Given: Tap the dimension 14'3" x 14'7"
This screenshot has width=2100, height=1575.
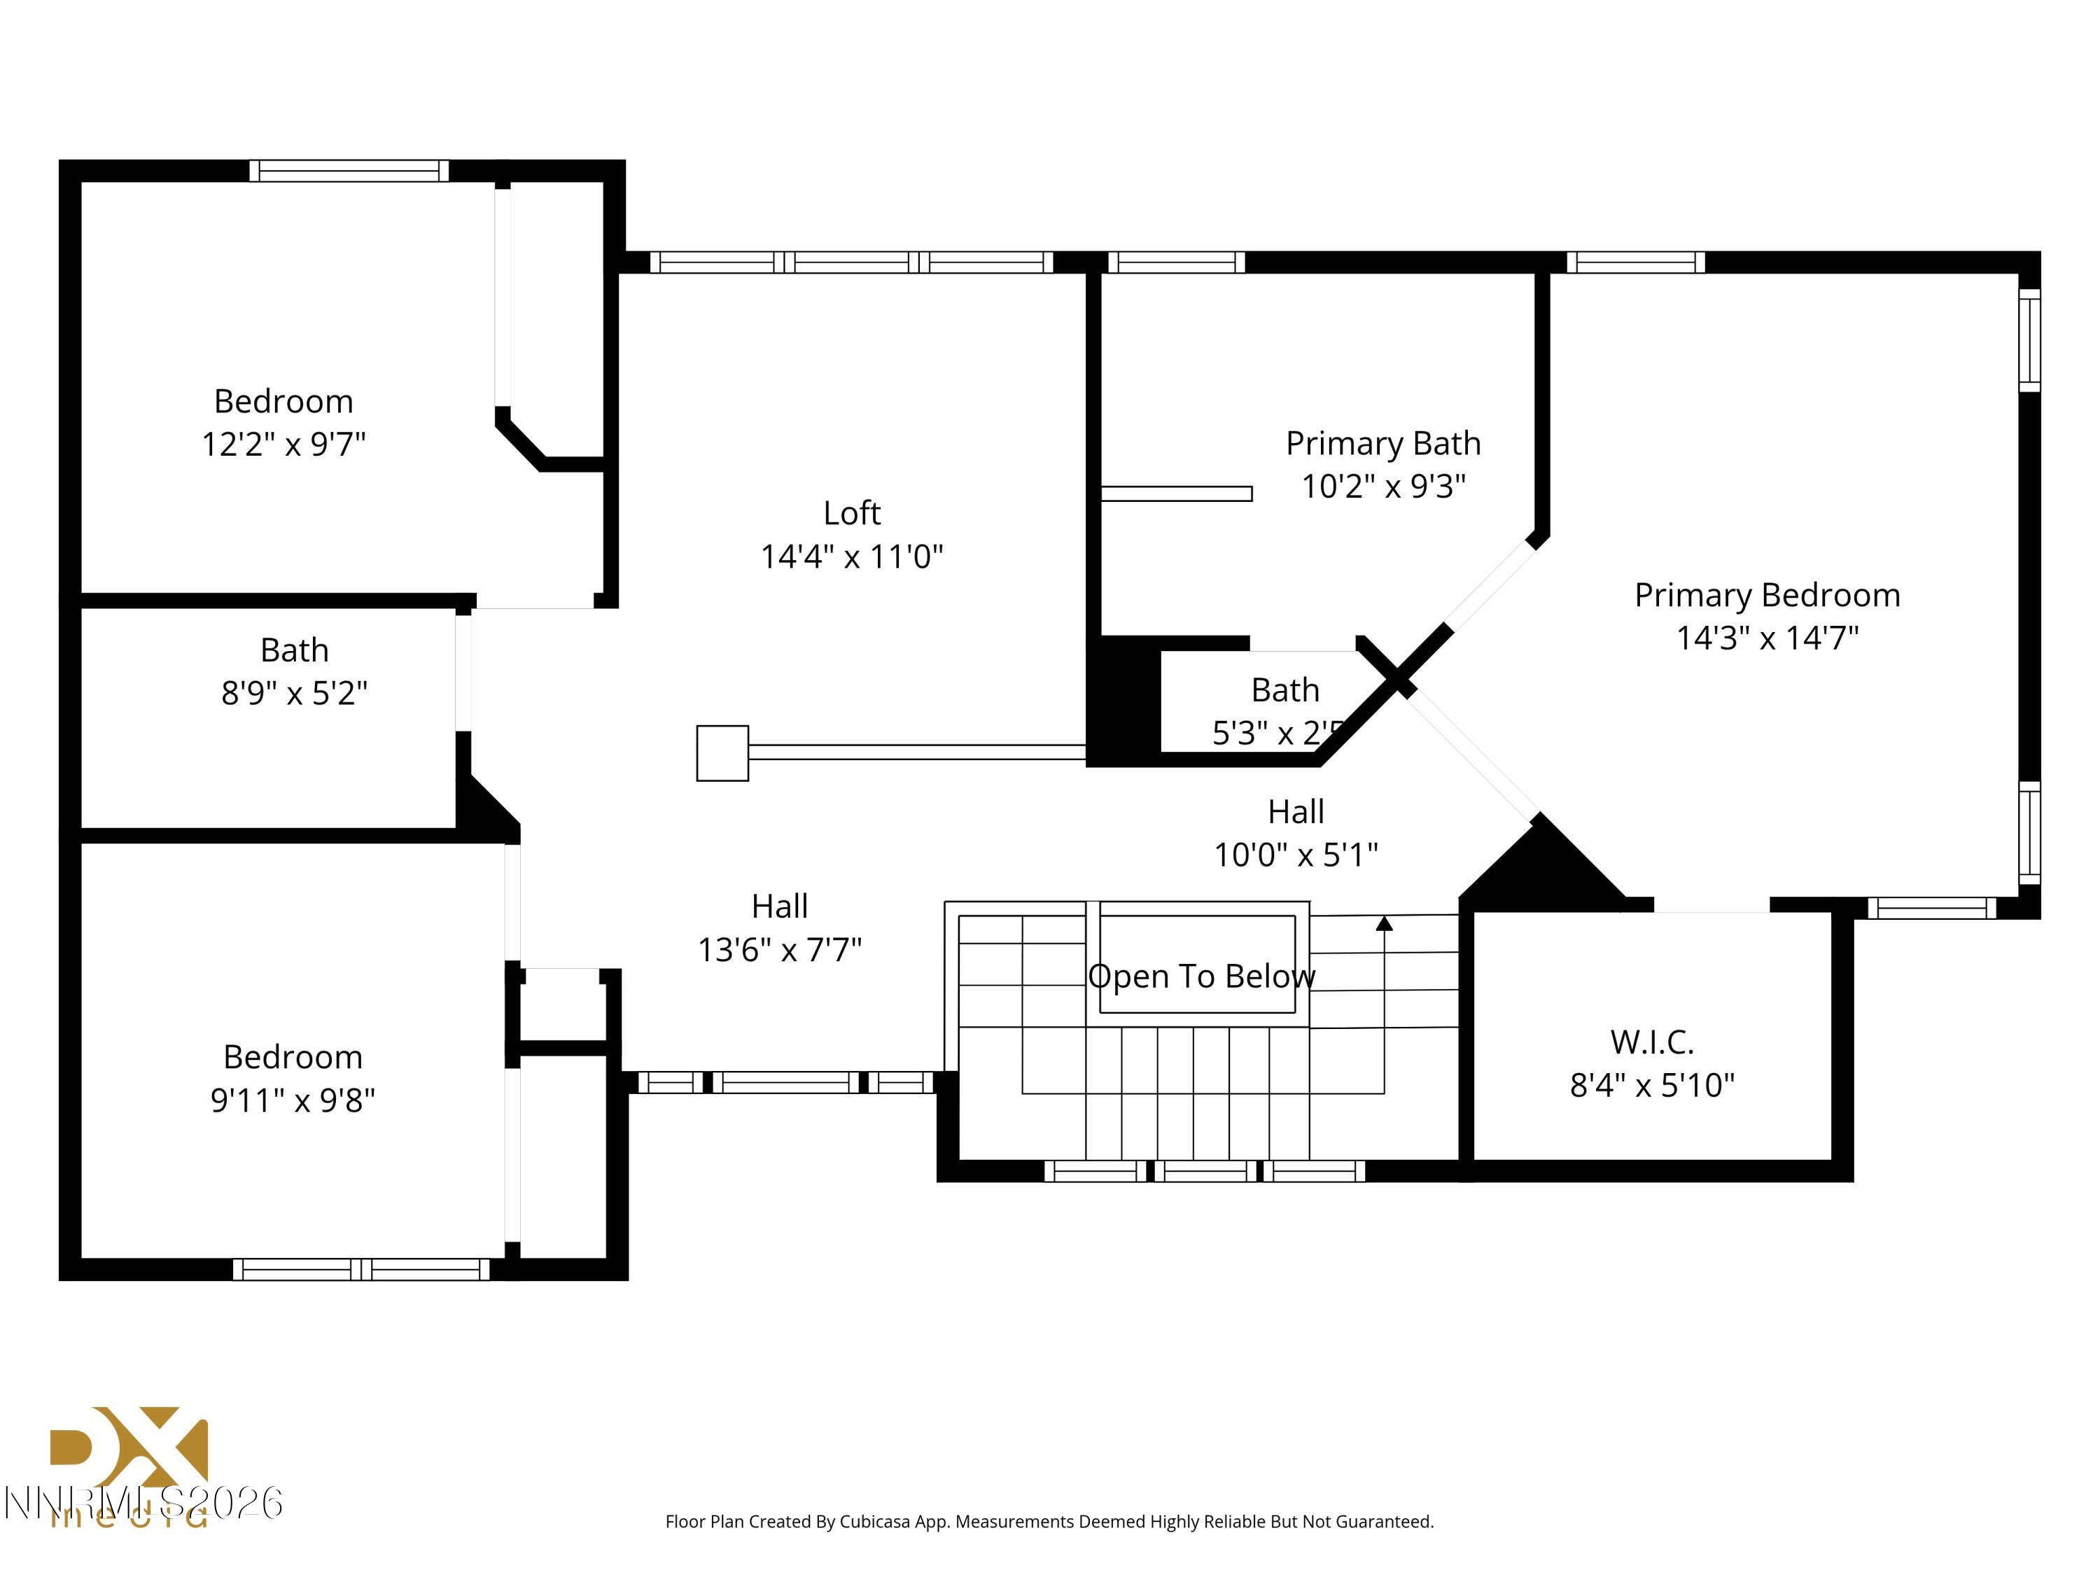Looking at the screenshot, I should (1767, 638).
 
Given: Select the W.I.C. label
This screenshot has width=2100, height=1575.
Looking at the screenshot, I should (1652, 1042).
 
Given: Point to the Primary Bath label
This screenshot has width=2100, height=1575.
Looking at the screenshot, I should (1383, 443).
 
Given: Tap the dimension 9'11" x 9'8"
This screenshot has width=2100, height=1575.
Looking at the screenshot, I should (293, 1100).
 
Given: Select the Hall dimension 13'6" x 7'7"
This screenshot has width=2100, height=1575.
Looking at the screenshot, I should (779, 949).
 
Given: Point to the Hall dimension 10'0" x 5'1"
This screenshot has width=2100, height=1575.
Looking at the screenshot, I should (1296, 855).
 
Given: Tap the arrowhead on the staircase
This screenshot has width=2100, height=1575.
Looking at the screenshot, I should (1384, 923).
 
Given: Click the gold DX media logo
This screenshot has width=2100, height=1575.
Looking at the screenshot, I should (128, 1452).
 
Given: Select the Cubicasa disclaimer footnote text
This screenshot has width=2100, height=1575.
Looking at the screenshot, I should (1049, 1522).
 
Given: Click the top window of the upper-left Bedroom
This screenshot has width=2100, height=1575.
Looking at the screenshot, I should (349, 171).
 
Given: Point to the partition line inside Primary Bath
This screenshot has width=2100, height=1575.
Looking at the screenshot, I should (1175, 493).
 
